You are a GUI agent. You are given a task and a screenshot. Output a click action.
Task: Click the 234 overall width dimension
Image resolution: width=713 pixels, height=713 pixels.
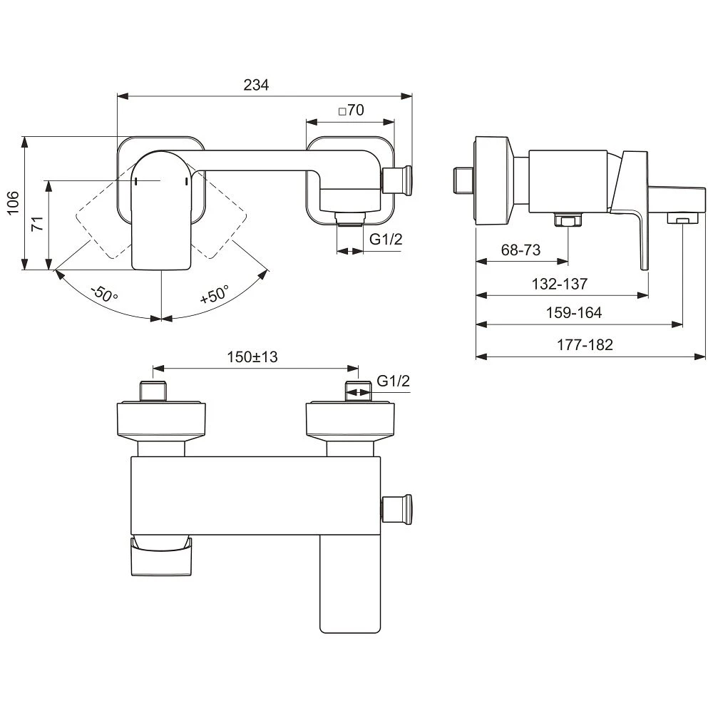(x=256, y=85)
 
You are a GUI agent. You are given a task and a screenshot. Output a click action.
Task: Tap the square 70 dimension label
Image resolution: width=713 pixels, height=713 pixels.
(x=352, y=110)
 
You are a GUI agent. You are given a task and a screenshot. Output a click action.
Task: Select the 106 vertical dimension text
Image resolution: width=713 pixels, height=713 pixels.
(x=13, y=202)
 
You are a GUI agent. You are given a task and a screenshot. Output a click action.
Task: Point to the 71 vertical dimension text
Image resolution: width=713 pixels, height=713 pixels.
(x=37, y=224)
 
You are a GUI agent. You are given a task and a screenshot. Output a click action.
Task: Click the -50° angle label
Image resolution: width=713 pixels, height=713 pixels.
(x=104, y=294)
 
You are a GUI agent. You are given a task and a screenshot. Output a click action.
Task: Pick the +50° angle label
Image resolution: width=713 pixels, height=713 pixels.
(x=214, y=294)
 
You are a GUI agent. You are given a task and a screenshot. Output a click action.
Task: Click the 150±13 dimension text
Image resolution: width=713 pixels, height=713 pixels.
(x=252, y=357)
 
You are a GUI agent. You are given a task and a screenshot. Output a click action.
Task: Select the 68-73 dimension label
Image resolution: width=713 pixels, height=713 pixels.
(x=520, y=250)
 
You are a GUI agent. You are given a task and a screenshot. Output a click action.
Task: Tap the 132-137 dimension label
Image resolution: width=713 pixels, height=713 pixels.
(x=560, y=284)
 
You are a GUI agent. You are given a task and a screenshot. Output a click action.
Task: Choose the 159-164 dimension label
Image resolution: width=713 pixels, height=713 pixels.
(x=574, y=312)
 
